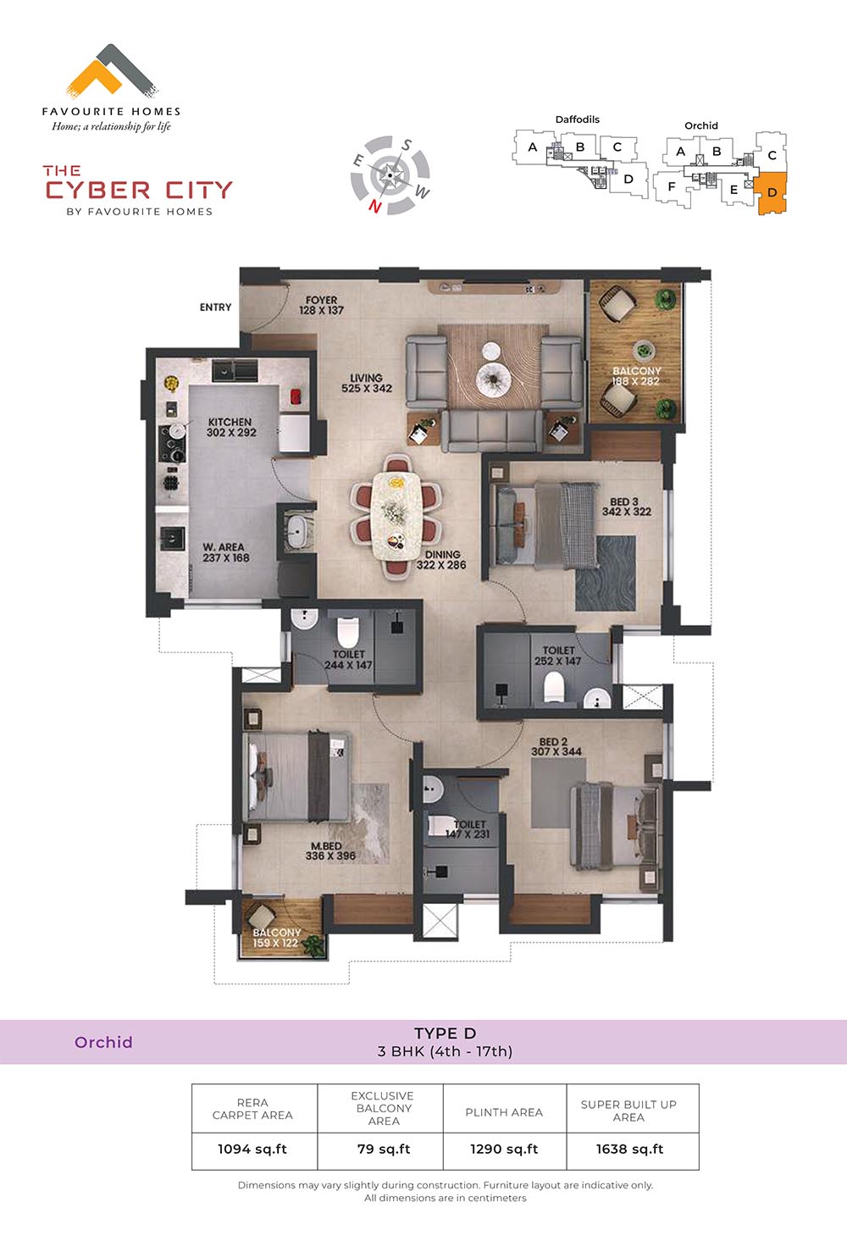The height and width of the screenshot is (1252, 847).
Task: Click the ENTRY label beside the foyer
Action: click(215, 307)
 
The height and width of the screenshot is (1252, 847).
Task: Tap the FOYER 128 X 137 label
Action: click(321, 305)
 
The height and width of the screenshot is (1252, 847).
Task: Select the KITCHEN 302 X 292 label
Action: click(230, 427)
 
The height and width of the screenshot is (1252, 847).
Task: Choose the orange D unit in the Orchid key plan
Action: click(772, 193)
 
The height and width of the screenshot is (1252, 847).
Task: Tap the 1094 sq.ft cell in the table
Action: click(252, 1149)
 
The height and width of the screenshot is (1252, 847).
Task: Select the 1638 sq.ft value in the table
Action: click(629, 1149)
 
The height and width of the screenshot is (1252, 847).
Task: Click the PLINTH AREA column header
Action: click(504, 1112)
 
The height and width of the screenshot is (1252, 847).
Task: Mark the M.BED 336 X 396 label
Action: click(330, 850)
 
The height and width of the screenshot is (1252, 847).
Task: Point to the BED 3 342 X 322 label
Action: click(626, 507)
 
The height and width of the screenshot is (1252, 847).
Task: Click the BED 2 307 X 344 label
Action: click(556, 747)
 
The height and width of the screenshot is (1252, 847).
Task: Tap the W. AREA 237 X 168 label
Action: click(225, 552)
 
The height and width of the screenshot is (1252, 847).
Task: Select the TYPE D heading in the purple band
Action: click(445, 1033)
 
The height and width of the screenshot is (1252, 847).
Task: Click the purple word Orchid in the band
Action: click(103, 1042)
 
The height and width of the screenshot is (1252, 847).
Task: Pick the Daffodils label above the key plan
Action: click(577, 119)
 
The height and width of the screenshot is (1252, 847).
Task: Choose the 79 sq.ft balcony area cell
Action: click(384, 1149)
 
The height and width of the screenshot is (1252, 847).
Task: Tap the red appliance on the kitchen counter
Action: click(296, 396)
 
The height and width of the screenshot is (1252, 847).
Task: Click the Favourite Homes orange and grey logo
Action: click(112, 71)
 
